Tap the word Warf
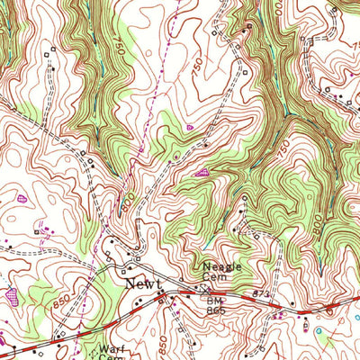tap(109, 348)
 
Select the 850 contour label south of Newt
tap(163, 342)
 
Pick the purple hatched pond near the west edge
tap(12, 292)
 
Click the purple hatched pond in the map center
tap(201, 170)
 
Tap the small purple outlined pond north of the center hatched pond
tap(189, 129)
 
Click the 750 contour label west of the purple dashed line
tap(120, 49)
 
